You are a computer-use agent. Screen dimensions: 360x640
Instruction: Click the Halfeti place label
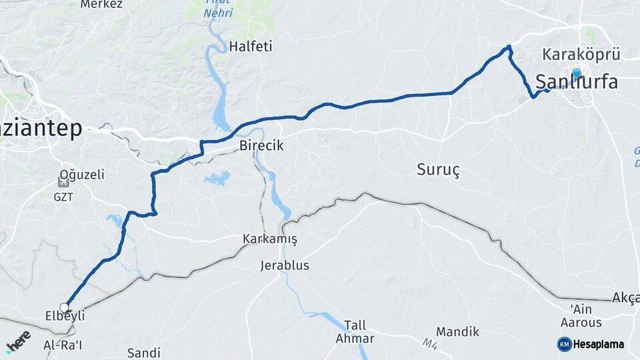tap(250, 47)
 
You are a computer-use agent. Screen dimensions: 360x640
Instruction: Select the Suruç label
tap(438, 169)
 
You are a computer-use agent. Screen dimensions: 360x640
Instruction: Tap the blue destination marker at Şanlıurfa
tap(576, 73)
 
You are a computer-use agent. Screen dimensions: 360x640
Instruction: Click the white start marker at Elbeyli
tap(65, 307)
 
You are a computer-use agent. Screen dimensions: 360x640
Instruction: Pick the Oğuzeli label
tap(82, 175)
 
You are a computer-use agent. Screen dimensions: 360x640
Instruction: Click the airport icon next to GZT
tap(63, 182)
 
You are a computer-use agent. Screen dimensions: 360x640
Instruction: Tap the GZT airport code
tap(63, 197)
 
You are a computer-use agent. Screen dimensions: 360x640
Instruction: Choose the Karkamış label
tap(269, 239)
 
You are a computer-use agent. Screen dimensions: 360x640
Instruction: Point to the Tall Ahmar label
tap(355, 331)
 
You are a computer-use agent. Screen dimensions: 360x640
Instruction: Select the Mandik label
tap(457, 331)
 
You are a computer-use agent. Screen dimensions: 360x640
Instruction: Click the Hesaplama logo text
tap(598, 344)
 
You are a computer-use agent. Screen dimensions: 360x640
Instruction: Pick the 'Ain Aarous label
tap(586, 316)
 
